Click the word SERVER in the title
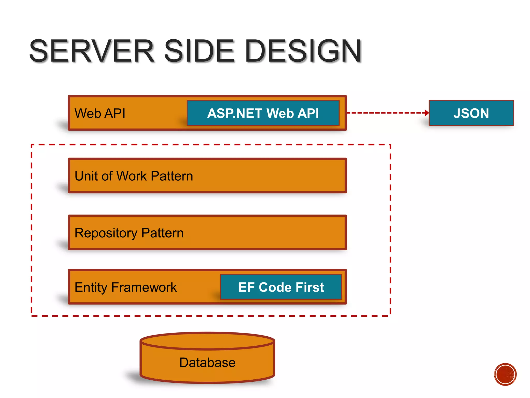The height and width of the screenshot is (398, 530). tap(92, 51)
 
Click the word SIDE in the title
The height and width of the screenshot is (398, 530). tap(199, 51)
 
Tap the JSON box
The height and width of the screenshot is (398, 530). tap(471, 113)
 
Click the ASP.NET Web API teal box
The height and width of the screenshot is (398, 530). tap(263, 113)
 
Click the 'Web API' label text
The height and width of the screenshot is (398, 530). tap(100, 113)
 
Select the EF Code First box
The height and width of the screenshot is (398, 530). tap(281, 287)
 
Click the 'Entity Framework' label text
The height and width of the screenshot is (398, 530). tap(126, 287)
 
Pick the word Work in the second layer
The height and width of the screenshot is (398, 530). tap(132, 176)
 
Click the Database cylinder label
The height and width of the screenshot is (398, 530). tap(207, 362)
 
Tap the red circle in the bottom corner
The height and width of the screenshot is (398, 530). tap(505, 374)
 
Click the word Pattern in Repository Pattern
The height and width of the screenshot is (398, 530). tap(162, 233)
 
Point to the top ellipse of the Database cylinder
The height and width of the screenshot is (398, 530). tap(207, 340)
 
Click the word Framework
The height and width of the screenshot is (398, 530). tap(144, 287)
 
